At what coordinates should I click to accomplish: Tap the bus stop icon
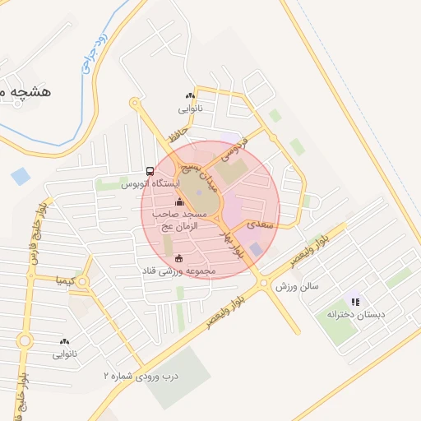point(150,171)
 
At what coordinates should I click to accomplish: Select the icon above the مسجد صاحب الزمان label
point(180,201)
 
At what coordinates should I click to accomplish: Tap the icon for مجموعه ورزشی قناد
point(179,259)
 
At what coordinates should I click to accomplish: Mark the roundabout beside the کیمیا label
point(83,282)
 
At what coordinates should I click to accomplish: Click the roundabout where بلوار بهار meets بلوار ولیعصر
point(263,284)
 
